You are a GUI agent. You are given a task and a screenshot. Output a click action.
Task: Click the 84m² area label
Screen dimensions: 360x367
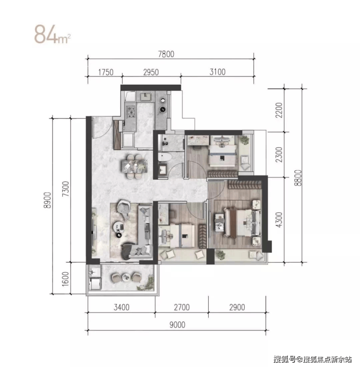(52, 35)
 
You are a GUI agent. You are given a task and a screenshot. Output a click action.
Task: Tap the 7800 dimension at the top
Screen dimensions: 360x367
(166, 54)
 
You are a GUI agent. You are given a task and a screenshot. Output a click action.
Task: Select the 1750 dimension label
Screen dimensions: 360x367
(106, 72)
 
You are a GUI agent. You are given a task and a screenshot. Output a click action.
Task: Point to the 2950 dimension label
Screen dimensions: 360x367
(151, 72)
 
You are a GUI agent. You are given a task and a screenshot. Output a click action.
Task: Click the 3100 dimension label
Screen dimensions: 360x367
(217, 72)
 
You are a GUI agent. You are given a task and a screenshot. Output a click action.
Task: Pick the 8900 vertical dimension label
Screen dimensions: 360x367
(47, 200)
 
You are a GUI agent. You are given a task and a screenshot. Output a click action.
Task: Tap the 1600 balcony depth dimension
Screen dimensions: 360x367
(65, 279)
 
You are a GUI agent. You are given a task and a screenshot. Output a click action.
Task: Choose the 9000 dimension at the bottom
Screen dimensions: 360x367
(177, 325)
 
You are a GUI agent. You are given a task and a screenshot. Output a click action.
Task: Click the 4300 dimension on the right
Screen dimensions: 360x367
(279, 220)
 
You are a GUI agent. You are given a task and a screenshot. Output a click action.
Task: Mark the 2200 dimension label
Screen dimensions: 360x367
(279, 110)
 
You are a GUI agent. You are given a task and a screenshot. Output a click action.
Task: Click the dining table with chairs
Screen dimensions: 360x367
(134, 166)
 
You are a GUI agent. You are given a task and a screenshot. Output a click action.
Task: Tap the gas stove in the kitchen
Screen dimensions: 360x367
(131, 112)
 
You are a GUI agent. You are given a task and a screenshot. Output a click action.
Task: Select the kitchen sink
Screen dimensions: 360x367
(145, 96)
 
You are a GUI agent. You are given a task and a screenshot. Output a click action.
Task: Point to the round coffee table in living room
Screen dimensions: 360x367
(119, 227)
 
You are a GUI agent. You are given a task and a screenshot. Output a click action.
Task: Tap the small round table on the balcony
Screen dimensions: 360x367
(126, 277)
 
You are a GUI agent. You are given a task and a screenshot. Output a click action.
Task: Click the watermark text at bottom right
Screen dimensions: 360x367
(312, 359)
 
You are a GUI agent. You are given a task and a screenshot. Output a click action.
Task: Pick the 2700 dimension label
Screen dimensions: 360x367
(182, 307)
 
